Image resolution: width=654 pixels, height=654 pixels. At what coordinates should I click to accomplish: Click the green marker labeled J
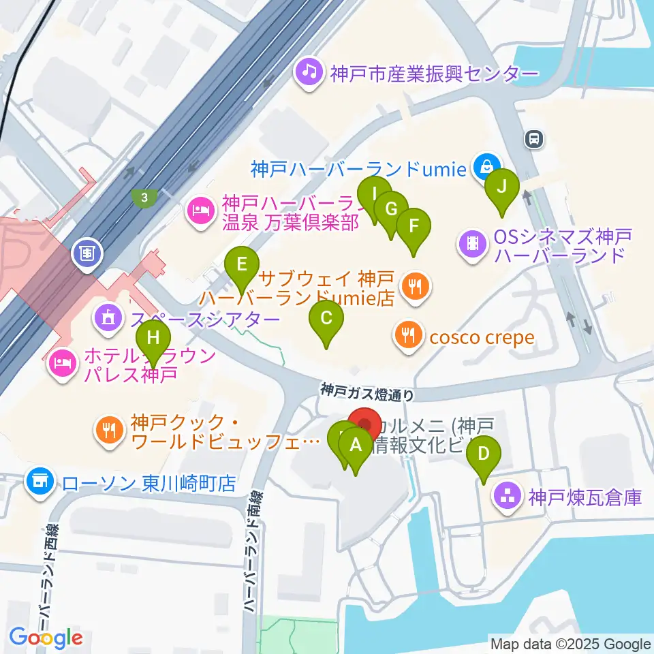501,186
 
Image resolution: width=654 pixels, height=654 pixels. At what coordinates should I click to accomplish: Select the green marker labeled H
154,338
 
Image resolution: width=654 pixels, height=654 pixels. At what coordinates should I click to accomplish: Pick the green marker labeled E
242,263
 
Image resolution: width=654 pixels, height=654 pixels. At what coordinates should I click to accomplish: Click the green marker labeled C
326,318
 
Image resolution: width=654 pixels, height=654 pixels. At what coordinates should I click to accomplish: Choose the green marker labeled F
414,225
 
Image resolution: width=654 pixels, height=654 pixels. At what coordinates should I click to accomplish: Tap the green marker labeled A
355,446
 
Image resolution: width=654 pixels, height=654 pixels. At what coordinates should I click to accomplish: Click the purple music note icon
309,71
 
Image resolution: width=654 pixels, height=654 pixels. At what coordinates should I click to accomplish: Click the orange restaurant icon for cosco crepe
407,334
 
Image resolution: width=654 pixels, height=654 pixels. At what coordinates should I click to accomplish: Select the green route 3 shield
144,198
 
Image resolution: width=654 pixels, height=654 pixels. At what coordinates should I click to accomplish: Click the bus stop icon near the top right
533,140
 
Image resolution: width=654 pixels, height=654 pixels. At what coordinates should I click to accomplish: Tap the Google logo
46,638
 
